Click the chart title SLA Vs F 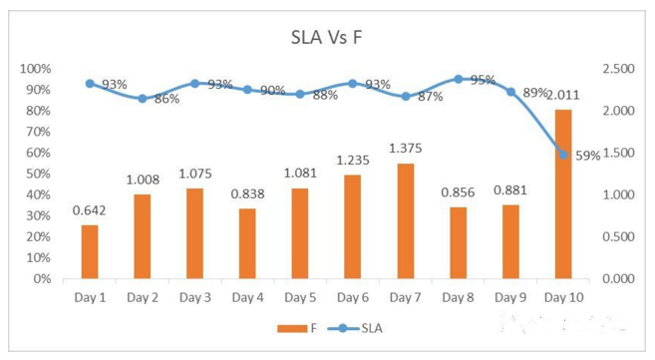[x=326, y=37]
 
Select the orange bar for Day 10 [x=563, y=194]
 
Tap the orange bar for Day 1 [x=90, y=252]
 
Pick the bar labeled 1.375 [x=406, y=221]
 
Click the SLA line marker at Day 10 [x=563, y=155]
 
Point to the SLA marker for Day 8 [x=459, y=79]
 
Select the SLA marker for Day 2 [x=143, y=99]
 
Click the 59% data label [x=588, y=156]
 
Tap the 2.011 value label [x=563, y=95]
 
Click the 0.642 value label [x=90, y=210]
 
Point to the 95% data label [x=483, y=80]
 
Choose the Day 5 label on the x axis [x=300, y=298]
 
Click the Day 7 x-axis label [x=405, y=298]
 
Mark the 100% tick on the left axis [x=36, y=69]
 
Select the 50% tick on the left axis [x=39, y=174]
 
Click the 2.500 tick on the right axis [x=618, y=69]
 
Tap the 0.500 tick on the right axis [x=618, y=236]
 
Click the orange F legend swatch [x=292, y=329]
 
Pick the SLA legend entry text [x=372, y=329]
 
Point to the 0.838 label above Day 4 [x=247, y=193]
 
